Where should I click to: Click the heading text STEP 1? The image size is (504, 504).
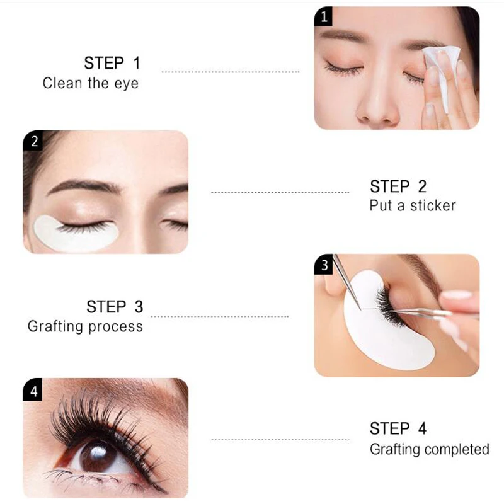112,63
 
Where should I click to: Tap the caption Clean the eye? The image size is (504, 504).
90,83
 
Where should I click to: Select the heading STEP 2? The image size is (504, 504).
398,186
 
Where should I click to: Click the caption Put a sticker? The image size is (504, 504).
412,205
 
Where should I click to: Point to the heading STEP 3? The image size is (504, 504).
115,307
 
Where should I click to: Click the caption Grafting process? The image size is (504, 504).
85,326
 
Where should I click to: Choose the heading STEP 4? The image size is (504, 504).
398,429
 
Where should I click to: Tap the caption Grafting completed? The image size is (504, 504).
429,449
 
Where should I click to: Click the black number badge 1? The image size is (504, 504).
324,17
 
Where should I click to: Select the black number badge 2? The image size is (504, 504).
34,141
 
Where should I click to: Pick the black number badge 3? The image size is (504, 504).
324,265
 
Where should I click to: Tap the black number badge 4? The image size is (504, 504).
34,391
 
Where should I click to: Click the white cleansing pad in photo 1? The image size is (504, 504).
441,72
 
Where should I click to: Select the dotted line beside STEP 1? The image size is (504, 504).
230,72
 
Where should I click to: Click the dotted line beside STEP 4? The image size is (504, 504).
280,439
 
